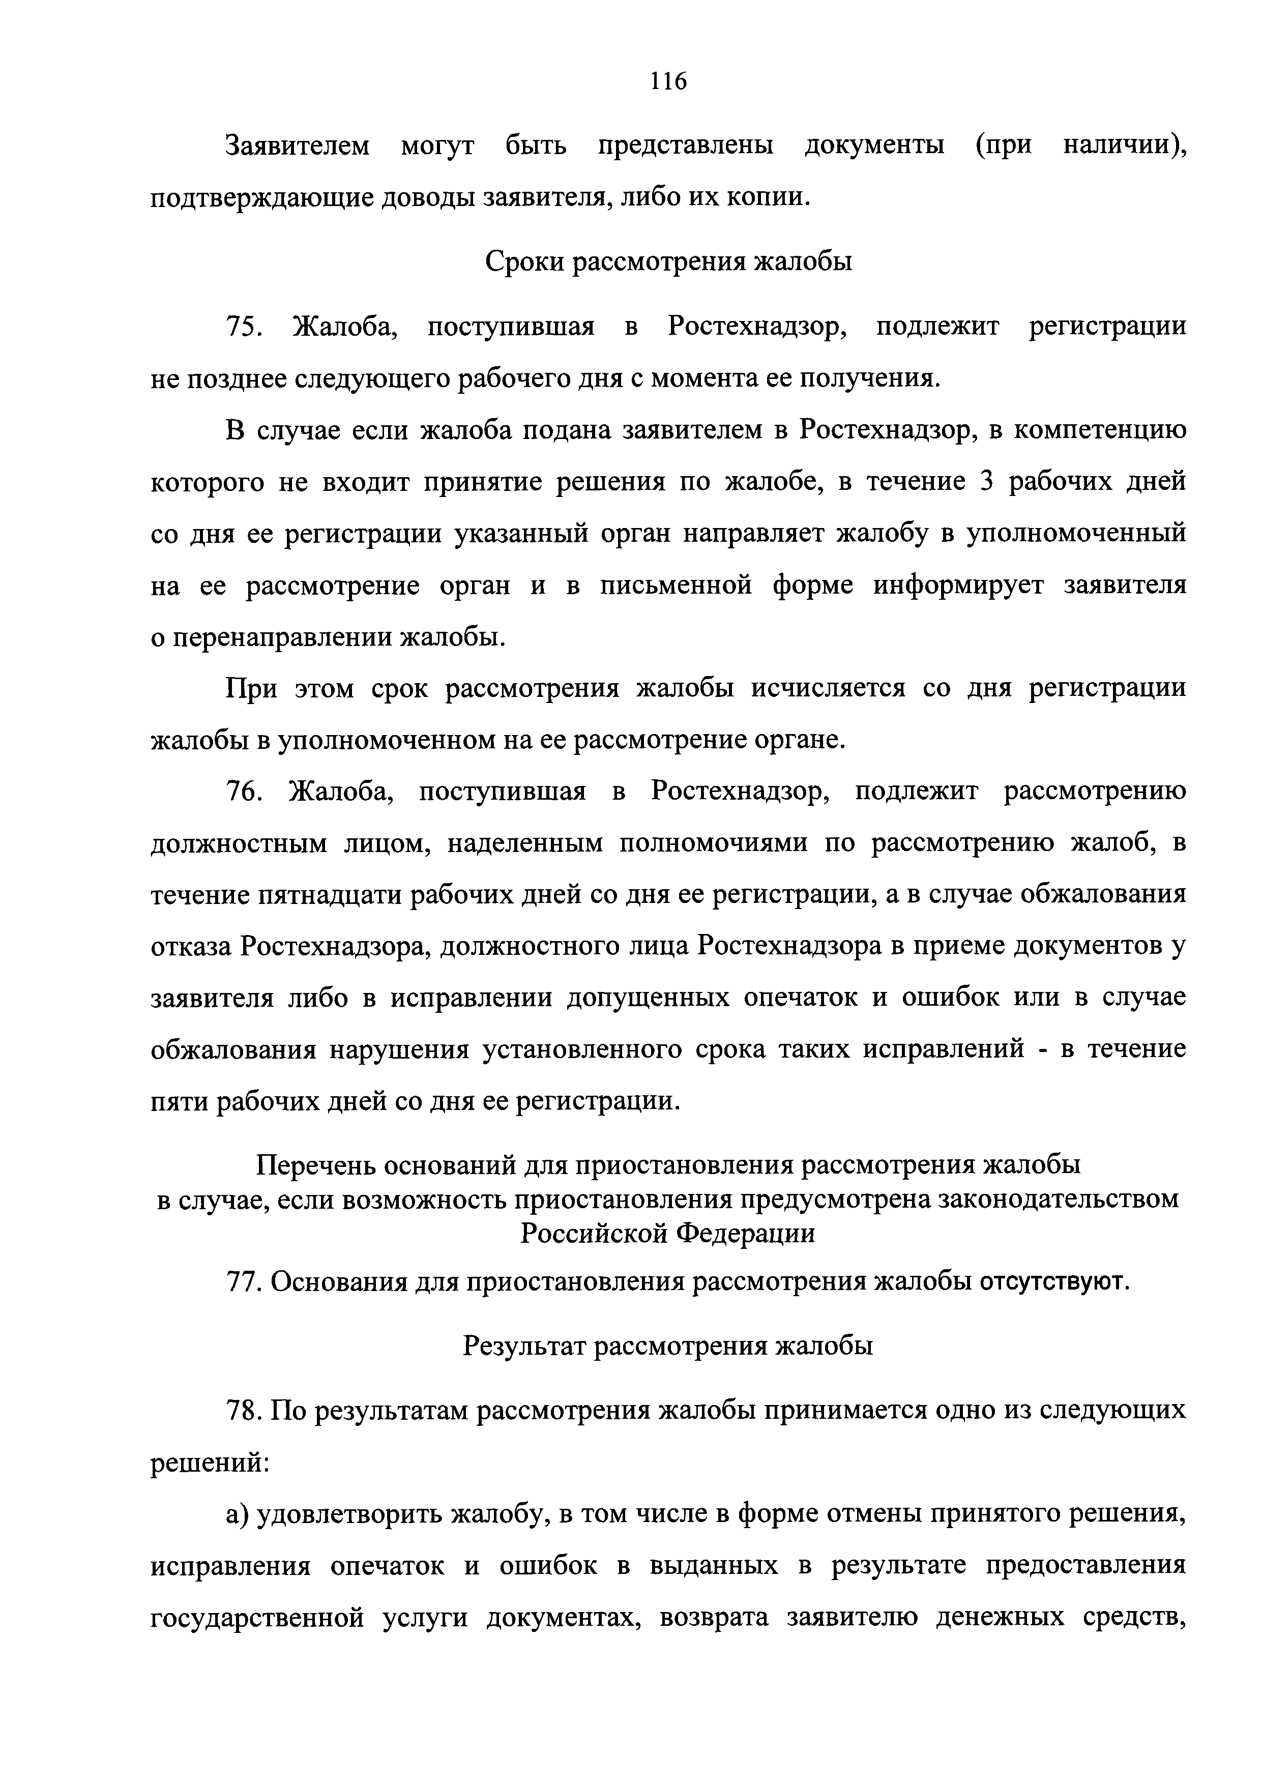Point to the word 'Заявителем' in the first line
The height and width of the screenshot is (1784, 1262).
pos(298,145)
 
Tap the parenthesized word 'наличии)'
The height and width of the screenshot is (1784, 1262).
pos(1125,145)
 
